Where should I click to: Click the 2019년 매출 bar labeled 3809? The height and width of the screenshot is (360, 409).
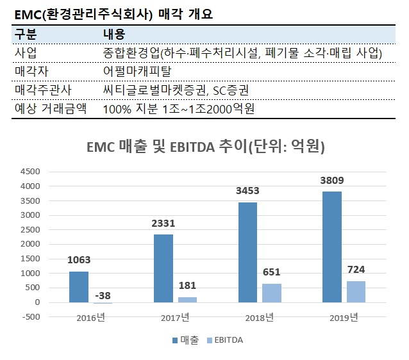(x=332, y=247)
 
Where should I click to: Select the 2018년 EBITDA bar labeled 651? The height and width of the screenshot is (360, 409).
(x=272, y=293)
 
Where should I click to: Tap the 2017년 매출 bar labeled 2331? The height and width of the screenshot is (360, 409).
(x=163, y=268)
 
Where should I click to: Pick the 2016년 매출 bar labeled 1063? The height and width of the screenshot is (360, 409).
(x=79, y=287)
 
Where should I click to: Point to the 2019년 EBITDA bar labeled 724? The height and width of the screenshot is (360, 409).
(x=356, y=292)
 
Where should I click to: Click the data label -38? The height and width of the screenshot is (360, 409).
(x=103, y=295)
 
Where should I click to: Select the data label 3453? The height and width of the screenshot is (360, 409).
(x=247, y=191)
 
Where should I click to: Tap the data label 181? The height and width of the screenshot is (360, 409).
(x=187, y=286)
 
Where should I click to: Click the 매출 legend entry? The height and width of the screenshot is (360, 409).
(x=186, y=340)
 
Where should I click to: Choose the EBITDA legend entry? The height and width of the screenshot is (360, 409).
(x=225, y=340)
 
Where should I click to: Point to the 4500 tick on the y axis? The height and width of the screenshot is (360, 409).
(x=30, y=172)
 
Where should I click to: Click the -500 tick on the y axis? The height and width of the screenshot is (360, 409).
(x=31, y=317)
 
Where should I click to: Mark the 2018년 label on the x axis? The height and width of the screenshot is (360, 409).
(x=260, y=318)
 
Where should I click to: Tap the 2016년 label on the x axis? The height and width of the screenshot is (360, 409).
(x=91, y=318)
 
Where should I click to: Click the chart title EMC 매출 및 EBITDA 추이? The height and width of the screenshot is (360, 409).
(x=167, y=147)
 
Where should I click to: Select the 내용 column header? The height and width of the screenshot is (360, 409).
(x=114, y=35)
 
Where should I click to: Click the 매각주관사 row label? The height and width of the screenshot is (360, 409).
(x=43, y=90)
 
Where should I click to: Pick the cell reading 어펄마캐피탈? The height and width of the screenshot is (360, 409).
(x=137, y=72)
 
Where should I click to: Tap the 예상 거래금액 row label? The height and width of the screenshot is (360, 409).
(x=51, y=109)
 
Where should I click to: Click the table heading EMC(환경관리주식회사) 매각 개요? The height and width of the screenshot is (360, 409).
(x=113, y=14)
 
